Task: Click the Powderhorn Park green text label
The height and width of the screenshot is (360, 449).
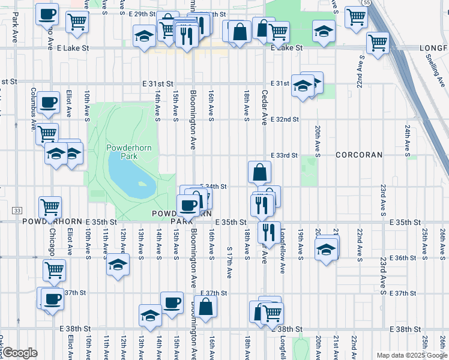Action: coord(122,152)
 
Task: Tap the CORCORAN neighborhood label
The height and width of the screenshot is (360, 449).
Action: coord(359,155)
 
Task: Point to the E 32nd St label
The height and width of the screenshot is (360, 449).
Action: coord(284,119)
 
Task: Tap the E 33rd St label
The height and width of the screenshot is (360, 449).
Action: coord(284,155)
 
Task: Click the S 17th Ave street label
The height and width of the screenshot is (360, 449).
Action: coord(229,262)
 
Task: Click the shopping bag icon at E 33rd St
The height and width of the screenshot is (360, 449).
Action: coord(259,172)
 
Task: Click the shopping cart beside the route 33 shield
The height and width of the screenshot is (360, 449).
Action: coord(50,207)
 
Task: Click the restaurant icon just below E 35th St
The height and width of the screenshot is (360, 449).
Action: coord(269,231)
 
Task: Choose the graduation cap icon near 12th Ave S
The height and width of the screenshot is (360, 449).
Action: coord(118,265)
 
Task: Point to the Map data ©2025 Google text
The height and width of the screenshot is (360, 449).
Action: coord(411,355)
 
